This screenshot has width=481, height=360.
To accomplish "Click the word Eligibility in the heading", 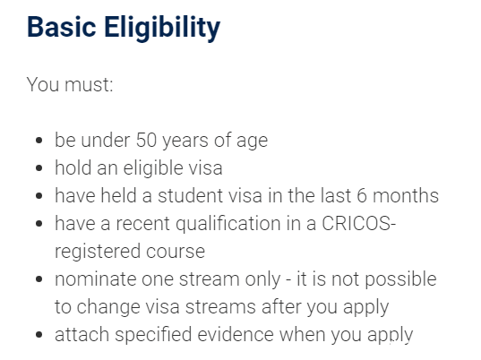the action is click(162, 28).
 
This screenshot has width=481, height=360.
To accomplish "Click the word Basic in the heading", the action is click(61, 27).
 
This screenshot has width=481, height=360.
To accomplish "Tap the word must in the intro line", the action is click(89, 84).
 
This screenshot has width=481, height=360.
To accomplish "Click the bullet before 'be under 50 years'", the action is click(39, 141).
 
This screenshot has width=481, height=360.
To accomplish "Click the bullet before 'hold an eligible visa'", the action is click(39, 168).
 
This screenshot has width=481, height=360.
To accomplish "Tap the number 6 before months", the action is click(362, 195).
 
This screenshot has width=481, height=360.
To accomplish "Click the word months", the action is click(406, 195).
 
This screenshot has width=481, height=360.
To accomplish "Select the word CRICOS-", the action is click(359, 223).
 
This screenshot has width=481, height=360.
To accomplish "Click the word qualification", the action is click(228, 224).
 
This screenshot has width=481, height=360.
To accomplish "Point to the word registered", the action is click(98, 252).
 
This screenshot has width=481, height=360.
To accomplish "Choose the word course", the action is click(176, 252).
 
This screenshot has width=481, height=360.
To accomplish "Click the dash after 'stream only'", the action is click(288, 280).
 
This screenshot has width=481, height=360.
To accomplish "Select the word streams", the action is click(220, 307).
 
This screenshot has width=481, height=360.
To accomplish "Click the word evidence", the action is click(236, 334).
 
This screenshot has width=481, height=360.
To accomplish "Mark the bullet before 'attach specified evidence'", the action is click(39, 334).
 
